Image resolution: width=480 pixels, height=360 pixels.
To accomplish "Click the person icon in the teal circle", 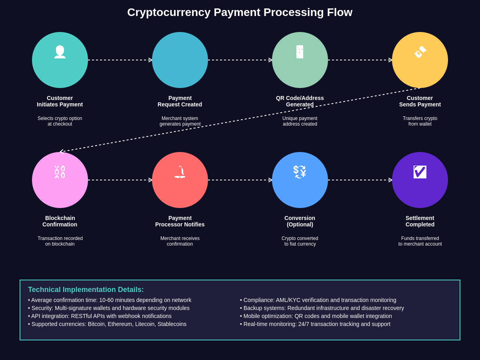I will [60, 52].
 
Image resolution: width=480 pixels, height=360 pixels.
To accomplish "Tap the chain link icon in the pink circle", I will [60, 172].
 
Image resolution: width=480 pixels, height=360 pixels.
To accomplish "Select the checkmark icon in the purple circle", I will [420, 172].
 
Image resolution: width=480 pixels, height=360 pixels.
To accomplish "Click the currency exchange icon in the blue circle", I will [300, 172].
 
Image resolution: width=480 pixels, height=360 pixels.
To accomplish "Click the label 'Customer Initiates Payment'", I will [60, 101].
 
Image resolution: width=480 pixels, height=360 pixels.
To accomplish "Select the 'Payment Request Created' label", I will [180, 101].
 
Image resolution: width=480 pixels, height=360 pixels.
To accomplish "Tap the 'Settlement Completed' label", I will [420, 221].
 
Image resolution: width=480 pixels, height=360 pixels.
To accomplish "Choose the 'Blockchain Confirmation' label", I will [60, 221].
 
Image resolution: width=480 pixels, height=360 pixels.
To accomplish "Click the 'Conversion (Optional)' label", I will [300, 221].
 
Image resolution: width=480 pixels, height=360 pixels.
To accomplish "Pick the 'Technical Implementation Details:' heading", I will [86, 290].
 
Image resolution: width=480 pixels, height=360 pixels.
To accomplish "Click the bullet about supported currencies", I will [107, 324].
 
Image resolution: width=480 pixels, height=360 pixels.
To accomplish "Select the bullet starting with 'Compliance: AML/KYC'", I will [318, 300].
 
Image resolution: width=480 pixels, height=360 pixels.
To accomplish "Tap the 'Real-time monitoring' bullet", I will [315, 324].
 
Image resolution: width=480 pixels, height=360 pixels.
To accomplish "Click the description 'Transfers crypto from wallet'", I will [420, 121].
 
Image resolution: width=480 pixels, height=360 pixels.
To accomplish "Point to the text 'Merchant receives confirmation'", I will [180, 241].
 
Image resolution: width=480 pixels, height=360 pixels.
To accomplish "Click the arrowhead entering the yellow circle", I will [390, 60].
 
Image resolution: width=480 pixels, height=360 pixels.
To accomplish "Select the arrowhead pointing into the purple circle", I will [390, 180].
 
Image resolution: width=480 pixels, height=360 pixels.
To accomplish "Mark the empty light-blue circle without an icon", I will [180, 60].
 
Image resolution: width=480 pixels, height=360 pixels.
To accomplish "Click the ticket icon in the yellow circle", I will [420, 52].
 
